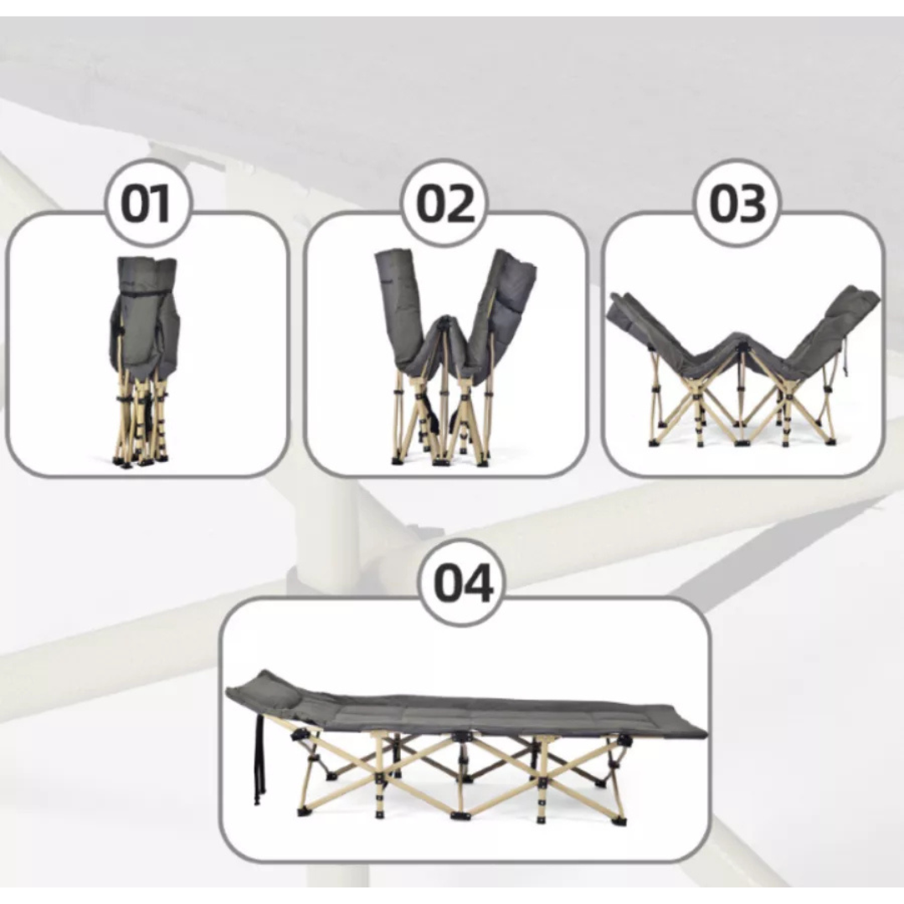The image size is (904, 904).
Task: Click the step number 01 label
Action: [146, 204]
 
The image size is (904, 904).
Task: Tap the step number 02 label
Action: [445, 204]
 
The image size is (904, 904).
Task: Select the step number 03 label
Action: [738, 204]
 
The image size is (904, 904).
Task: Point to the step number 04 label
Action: [463, 583]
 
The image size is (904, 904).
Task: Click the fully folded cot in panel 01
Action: [144, 360]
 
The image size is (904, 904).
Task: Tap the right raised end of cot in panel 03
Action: [847, 311]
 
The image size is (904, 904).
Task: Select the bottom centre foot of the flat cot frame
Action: [460, 815]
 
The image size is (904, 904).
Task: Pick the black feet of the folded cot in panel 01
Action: [140, 461]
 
